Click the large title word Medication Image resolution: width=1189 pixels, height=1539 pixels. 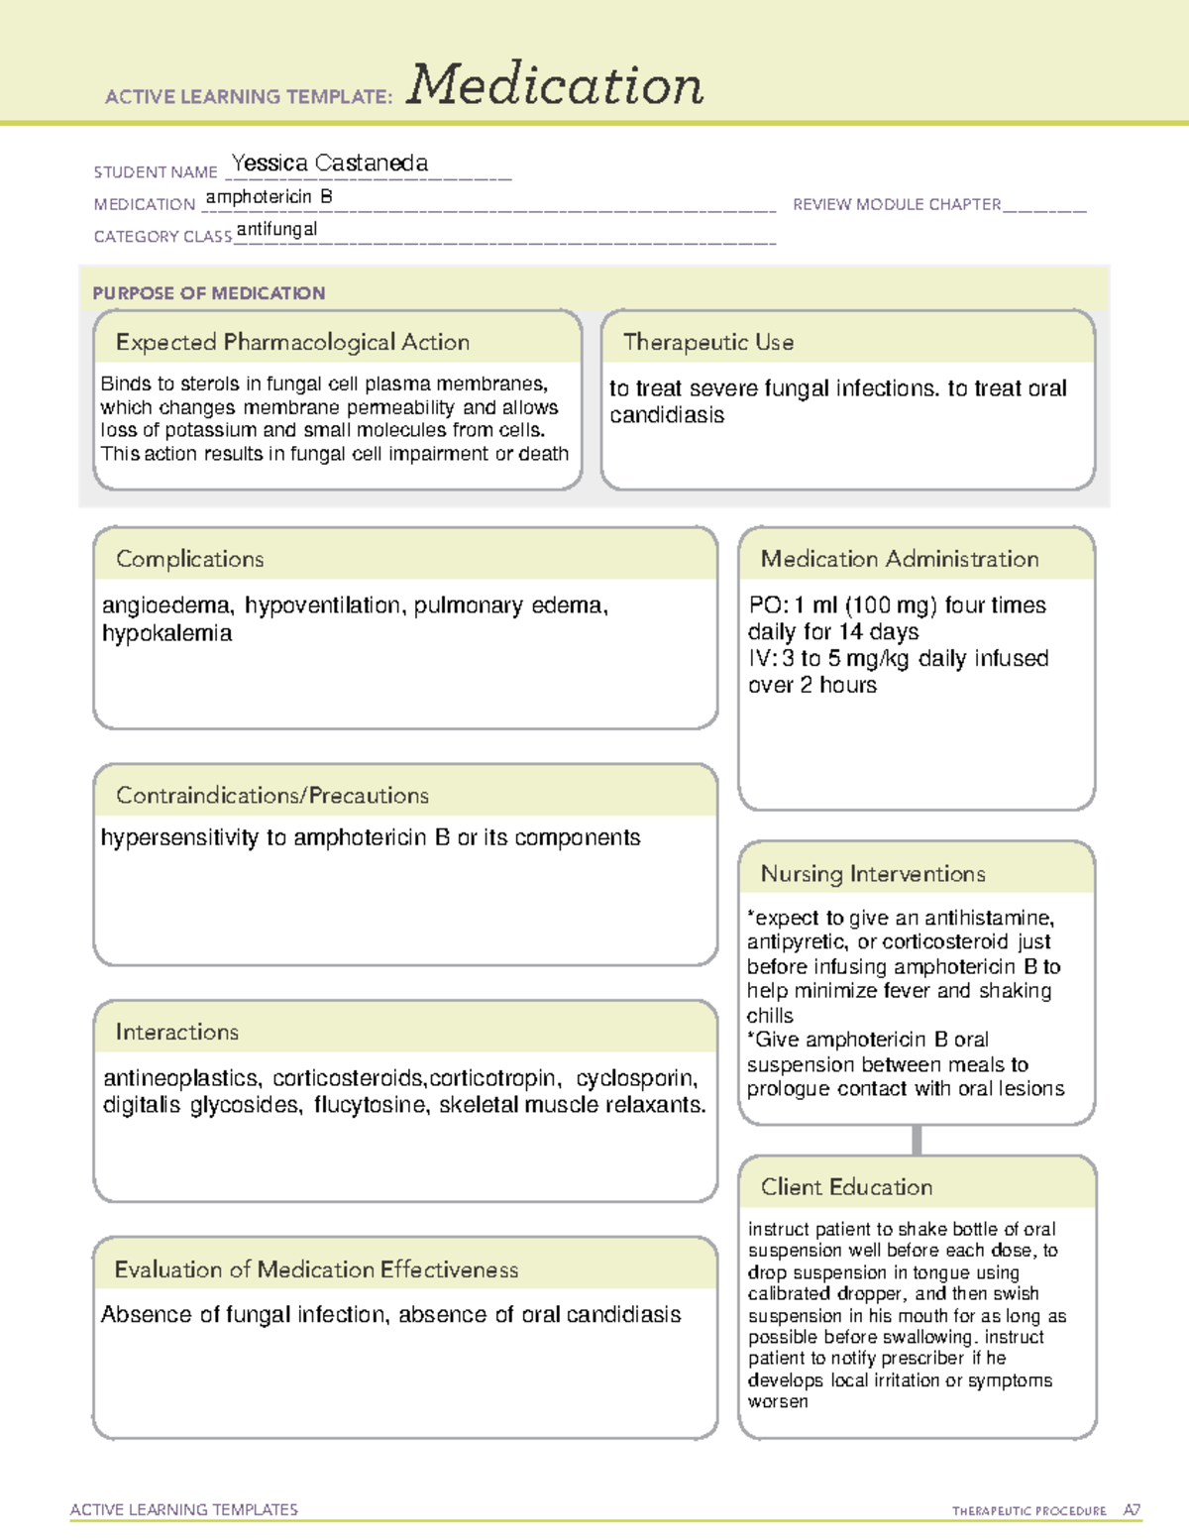coord(555,85)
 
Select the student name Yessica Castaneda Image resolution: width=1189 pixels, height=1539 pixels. coord(329,164)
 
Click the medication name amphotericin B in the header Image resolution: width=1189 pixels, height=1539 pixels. coord(269,197)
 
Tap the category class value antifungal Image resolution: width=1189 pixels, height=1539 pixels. coord(276,229)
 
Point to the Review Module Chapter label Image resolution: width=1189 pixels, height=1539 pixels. coord(897,204)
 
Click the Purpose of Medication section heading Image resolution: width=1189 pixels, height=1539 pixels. coord(208,293)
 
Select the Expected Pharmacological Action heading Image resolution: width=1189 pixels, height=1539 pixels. coord(292,342)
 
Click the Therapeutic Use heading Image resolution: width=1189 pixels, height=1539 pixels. coord(707,342)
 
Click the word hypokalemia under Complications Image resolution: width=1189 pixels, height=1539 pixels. coord(166,633)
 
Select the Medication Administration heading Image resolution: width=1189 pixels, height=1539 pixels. coord(899,559)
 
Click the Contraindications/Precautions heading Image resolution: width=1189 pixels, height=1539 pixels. coord(271,796)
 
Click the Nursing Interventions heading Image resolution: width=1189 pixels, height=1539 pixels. coord(872,874)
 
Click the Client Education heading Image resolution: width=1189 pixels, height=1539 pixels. coord(846,1187)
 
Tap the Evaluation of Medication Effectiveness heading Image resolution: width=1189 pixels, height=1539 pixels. coord(316,1269)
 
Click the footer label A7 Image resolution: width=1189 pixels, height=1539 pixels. coord(1132,1510)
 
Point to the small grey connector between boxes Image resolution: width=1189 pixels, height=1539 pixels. coord(917,1140)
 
